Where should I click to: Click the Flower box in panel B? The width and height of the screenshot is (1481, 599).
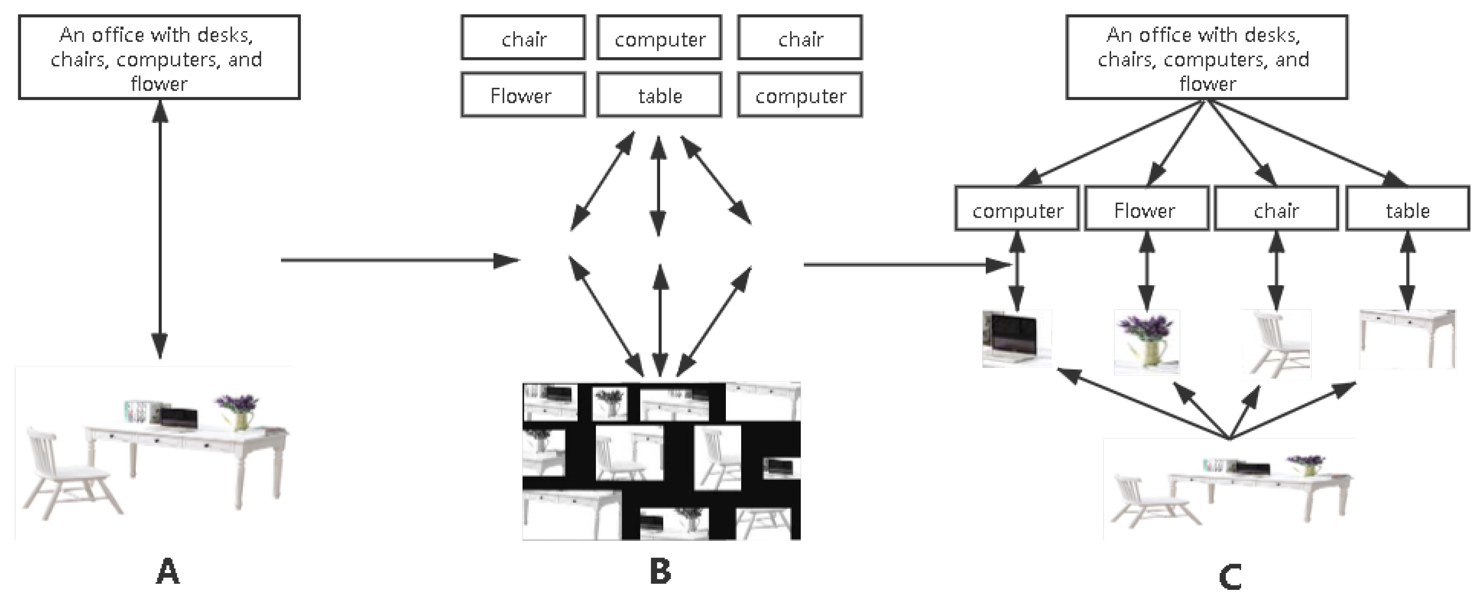pos(522,95)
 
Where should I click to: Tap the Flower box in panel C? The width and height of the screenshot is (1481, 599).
pos(1146,209)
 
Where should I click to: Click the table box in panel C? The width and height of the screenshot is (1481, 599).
pos(1407,209)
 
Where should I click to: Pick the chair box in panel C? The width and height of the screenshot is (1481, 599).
pos(1276,209)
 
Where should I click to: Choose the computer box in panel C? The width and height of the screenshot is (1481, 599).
pos(1017,209)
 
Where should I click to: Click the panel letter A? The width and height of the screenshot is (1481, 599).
pos(167,572)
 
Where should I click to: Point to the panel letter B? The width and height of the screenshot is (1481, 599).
pos(660,572)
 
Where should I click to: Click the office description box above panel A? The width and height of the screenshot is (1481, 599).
pos(159,58)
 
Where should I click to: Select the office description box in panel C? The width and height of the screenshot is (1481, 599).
pos(1206,58)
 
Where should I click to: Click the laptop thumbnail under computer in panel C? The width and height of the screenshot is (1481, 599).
pos(1016,338)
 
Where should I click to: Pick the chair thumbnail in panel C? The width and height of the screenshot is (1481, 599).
pos(1276,344)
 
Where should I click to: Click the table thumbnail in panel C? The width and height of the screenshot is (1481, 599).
pos(1407,338)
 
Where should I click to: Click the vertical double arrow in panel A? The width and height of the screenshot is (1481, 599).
pos(160,230)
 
